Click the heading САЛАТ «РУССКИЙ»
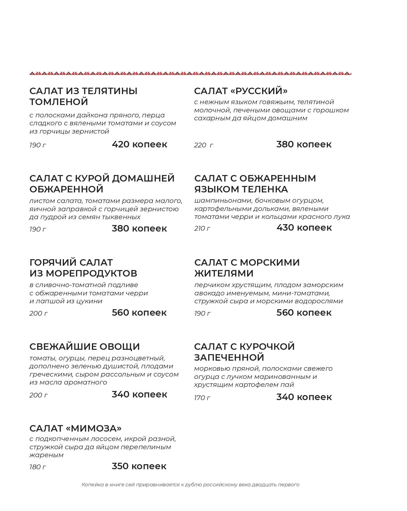[241, 91]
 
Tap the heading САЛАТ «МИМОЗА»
[75, 428]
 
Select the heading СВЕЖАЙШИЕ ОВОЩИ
[85, 347]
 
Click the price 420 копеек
[139, 144]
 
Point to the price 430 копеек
[304, 228]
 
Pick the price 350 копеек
[139, 466]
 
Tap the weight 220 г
[203, 145]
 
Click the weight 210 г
[202, 229]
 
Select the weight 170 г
[202, 398]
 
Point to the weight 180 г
[38, 467]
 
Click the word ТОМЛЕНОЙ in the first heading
[59, 102]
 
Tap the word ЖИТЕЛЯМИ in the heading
[224, 273]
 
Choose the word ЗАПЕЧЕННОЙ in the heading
[229, 357]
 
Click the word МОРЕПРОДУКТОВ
[92, 273]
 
